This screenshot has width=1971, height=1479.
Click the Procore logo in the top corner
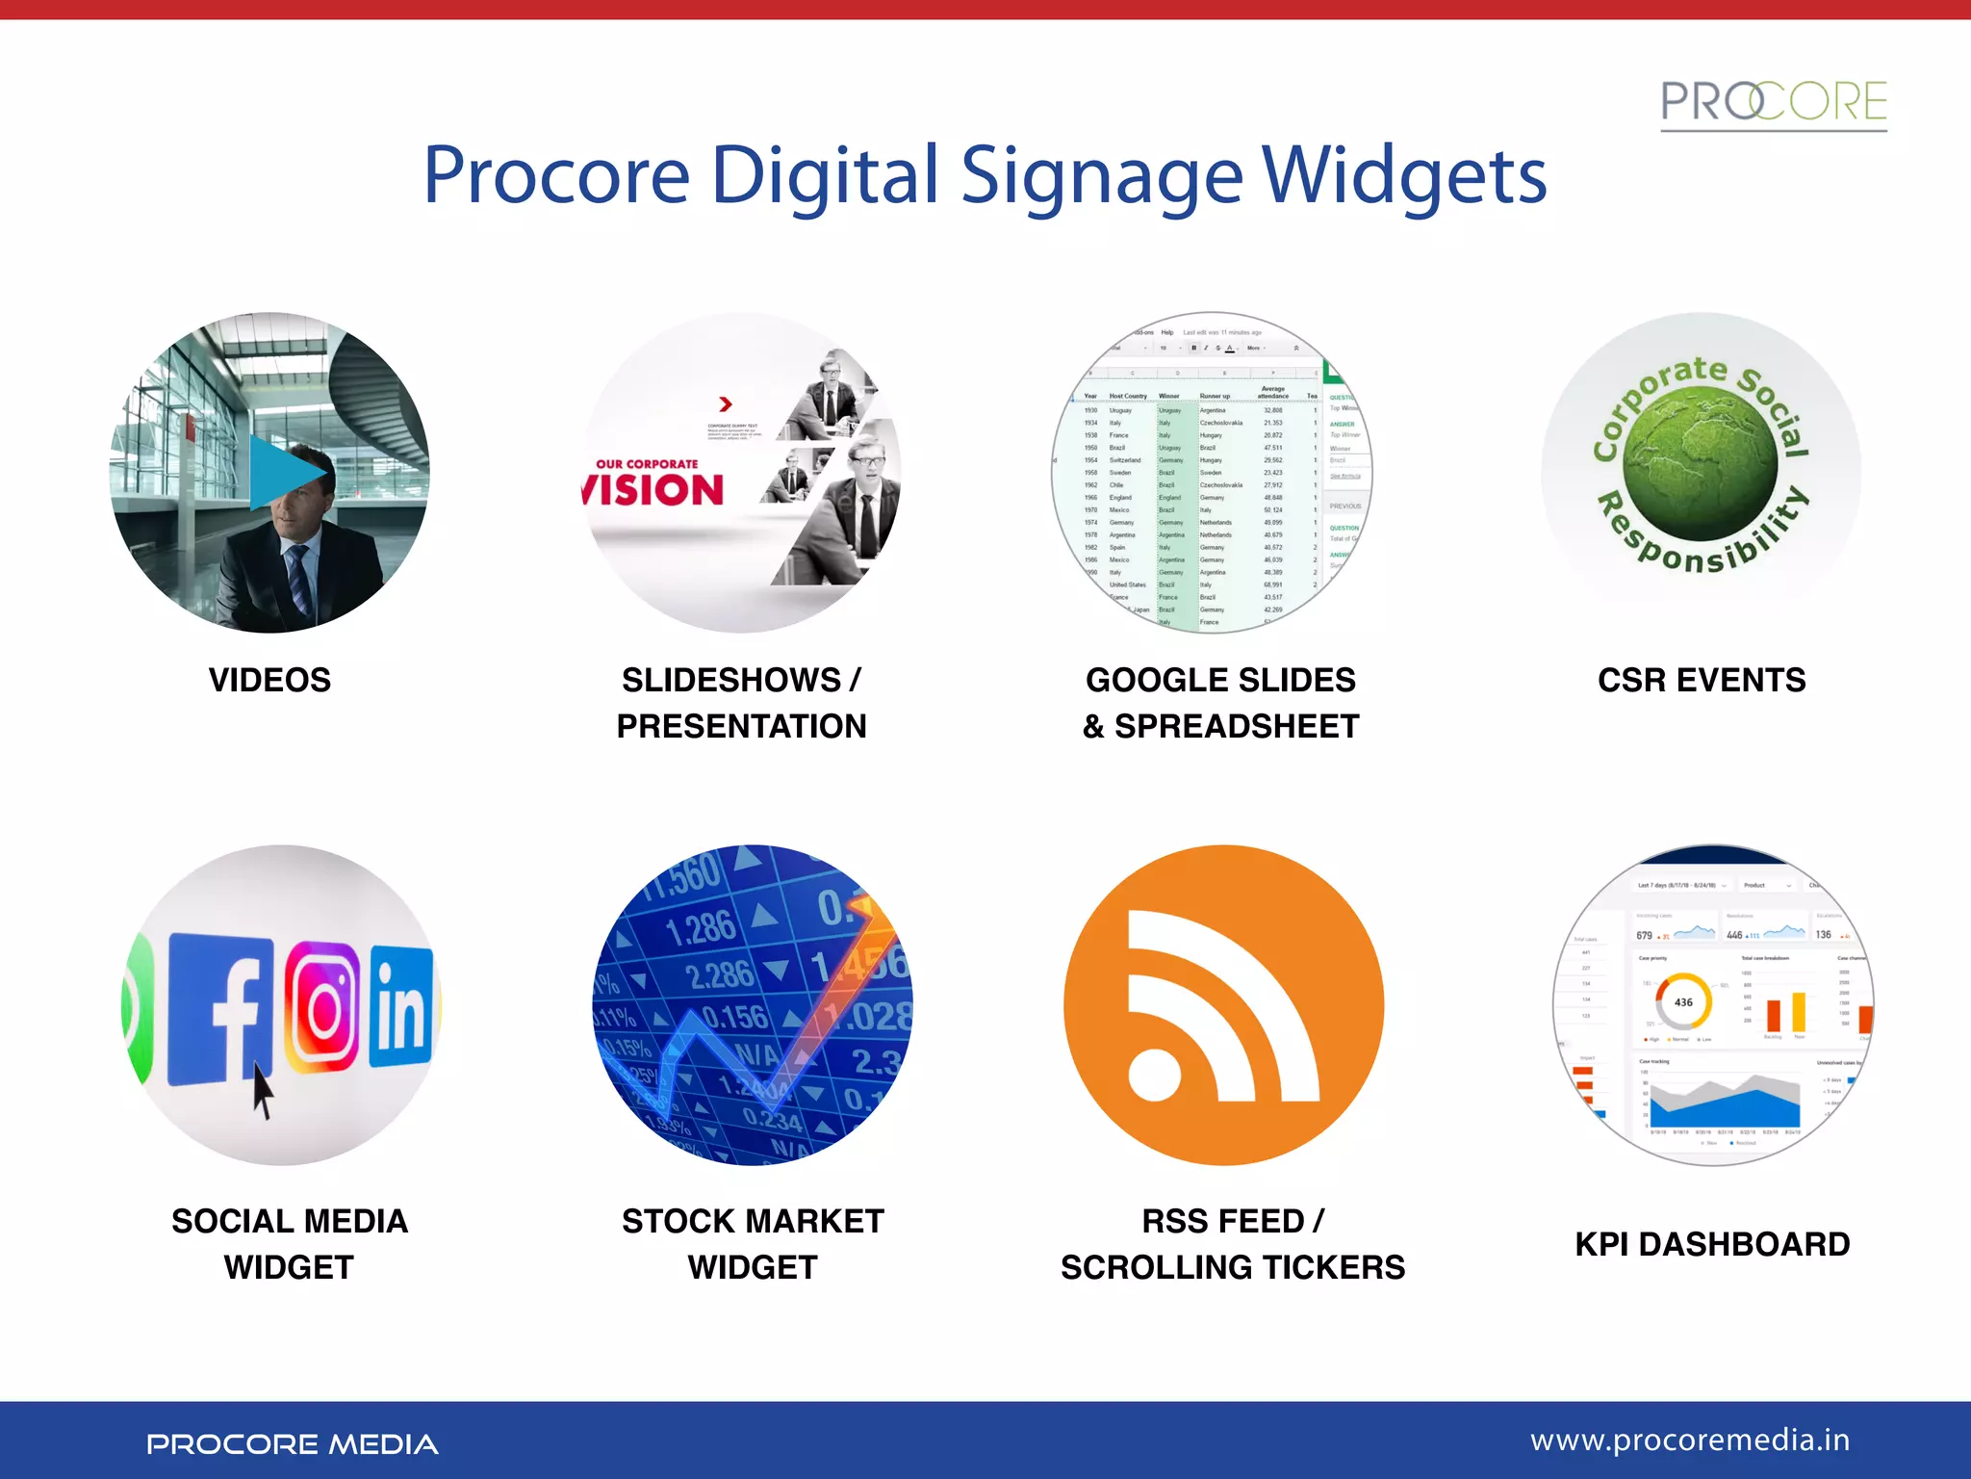click(1773, 103)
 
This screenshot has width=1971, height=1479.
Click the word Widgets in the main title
click(1404, 176)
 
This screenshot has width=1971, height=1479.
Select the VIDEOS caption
click(269, 680)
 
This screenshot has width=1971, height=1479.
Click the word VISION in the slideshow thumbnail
click(654, 490)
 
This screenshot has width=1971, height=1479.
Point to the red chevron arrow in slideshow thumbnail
click(726, 404)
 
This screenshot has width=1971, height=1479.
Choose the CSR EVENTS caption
click(1701, 680)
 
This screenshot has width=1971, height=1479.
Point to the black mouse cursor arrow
click(262, 1090)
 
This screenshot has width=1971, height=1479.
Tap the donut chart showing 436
click(1683, 1002)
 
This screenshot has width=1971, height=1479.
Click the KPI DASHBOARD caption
click(1712, 1244)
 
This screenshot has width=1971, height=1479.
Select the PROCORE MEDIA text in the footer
click(292, 1444)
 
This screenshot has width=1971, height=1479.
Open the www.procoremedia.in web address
click(1689, 1440)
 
